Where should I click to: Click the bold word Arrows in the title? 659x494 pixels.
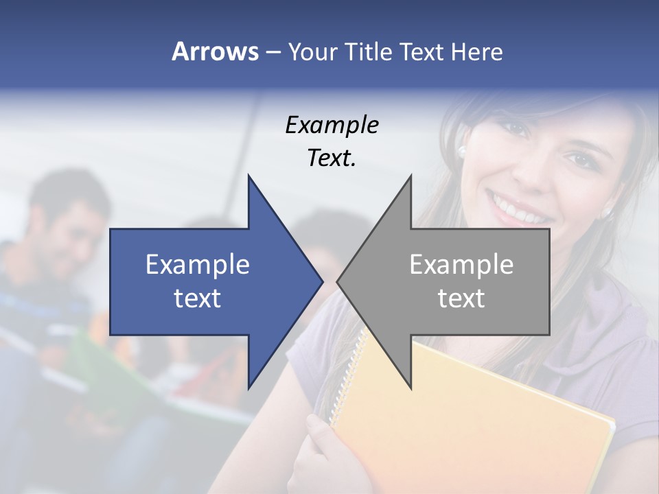coord(215,51)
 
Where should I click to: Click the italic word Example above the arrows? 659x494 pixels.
coord(332,126)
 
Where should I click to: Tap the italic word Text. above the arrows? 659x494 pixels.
coord(332,158)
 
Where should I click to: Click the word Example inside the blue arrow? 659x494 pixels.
coord(198,265)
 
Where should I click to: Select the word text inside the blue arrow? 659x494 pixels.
coord(198,298)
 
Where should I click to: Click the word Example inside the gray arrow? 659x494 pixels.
coord(461,265)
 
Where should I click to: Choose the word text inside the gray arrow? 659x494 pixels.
coord(461,298)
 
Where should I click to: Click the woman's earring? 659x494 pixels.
coord(462,150)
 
